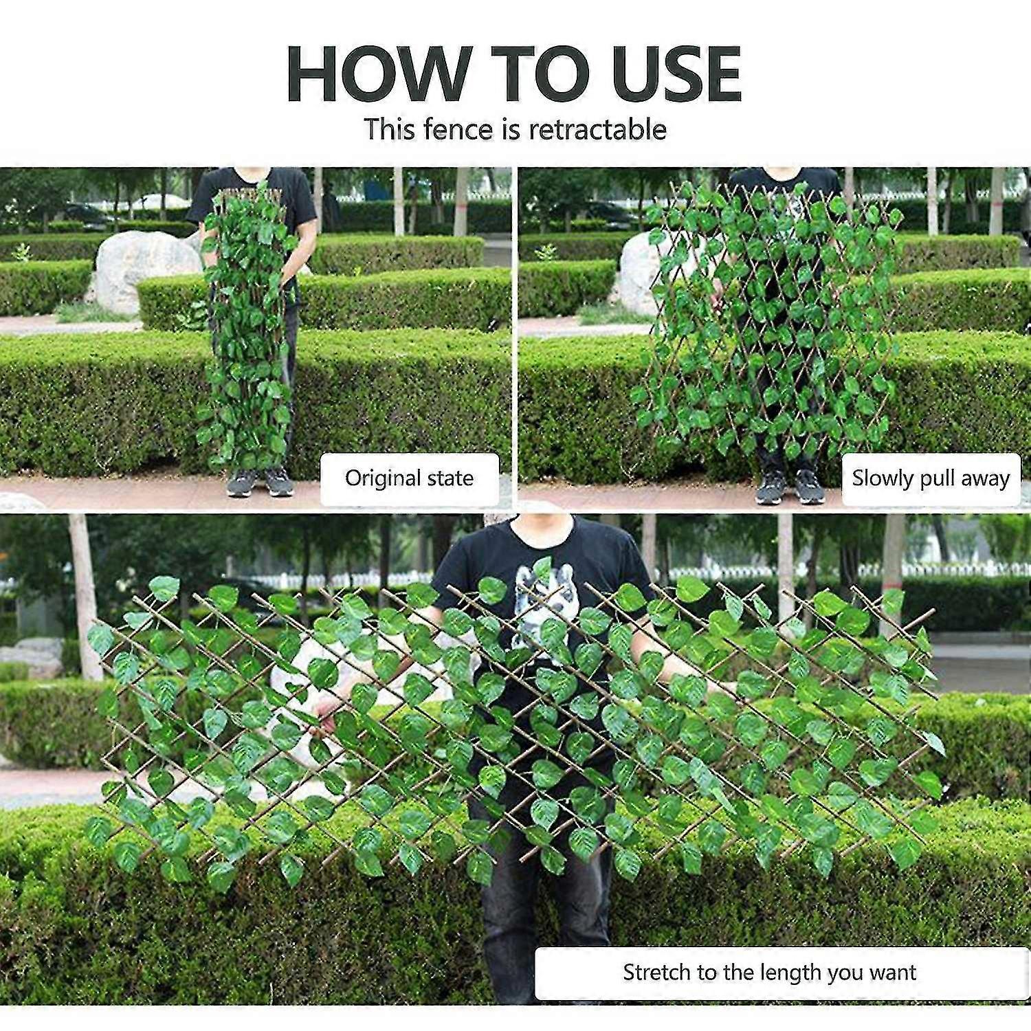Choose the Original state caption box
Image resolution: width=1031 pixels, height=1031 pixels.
point(410,479)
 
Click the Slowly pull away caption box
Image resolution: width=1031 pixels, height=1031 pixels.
point(931,479)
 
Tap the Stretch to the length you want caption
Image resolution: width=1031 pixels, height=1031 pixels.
point(770,973)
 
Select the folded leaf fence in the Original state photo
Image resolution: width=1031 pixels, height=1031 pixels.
point(247,330)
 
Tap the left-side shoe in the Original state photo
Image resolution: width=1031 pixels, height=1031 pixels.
point(241,483)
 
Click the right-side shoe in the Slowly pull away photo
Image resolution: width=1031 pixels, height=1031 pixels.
point(809,487)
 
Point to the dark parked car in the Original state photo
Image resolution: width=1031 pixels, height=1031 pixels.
point(86,214)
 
